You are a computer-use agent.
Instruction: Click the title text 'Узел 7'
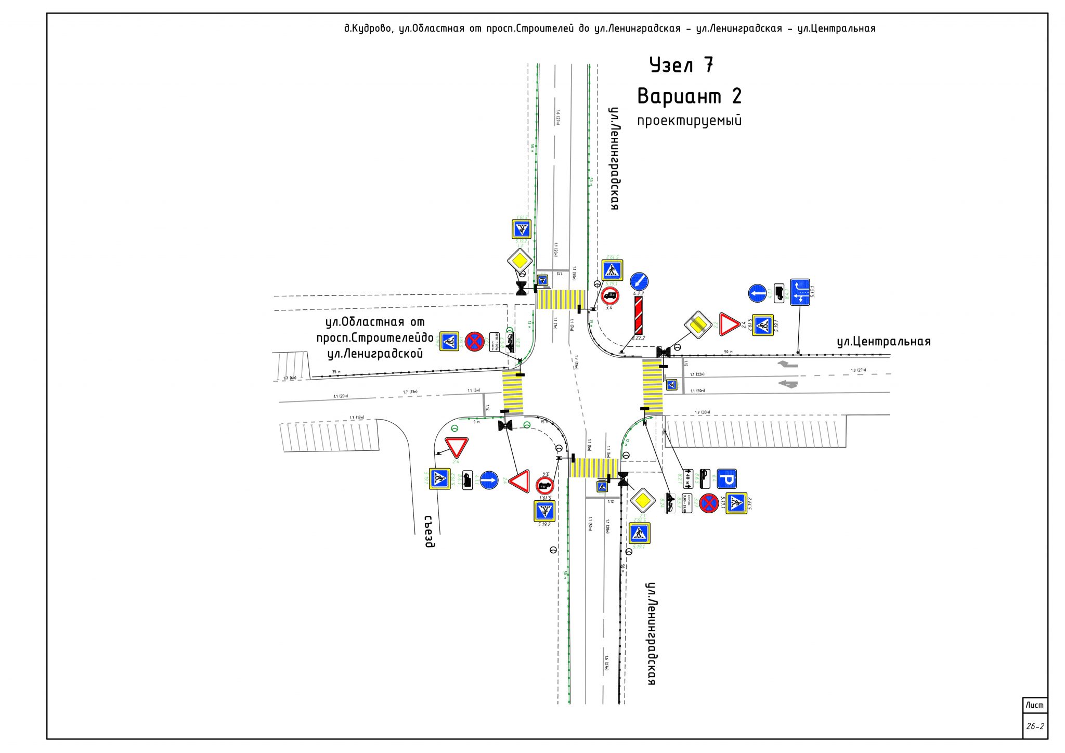coord(681,66)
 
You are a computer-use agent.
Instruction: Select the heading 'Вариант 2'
coord(689,97)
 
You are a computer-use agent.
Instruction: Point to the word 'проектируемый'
coord(689,121)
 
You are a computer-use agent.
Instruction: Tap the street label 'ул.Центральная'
coord(884,342)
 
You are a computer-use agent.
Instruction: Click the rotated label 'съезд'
coord(429,531)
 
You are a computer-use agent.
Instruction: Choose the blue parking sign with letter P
coord(726,479)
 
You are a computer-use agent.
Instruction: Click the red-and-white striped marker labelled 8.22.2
coord(638,315)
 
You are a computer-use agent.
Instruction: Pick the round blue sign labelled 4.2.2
coord(639,281)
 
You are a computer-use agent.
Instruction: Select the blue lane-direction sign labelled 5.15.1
coord(800,292)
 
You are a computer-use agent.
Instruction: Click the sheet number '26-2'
coord(1035,726)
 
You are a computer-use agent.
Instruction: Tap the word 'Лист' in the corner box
coord(1034,705)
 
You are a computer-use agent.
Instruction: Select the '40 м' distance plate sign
coord(687,478)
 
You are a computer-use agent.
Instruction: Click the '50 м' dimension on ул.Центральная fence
coord(728,352)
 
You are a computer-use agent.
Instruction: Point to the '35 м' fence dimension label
coord(336,372)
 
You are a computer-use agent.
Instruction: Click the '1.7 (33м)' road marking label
coord(702,412)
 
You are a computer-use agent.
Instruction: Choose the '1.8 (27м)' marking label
coord(858,370)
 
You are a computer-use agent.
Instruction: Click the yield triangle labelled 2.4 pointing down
coord(456,447)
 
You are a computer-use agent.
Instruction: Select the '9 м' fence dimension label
coord(476,422)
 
